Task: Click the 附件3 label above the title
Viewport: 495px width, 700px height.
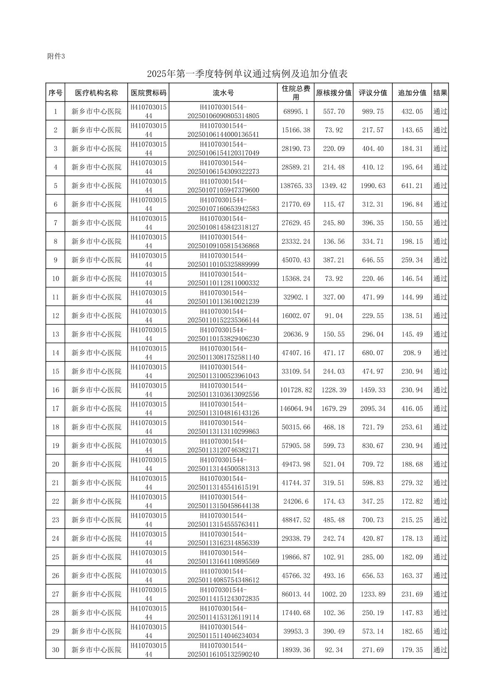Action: [57, 56]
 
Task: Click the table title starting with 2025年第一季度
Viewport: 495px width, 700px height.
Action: [247, 74]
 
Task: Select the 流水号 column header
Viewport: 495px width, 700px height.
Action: [223, 93]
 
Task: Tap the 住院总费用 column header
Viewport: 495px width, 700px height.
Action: [296, 93]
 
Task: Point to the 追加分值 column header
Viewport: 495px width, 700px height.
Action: [412, 93]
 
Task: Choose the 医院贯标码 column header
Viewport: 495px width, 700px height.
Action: [148, 93]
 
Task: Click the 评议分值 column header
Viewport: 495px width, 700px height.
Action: [373, 93]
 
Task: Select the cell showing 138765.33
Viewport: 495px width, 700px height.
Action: [296, 186]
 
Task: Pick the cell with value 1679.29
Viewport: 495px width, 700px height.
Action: [334, 408]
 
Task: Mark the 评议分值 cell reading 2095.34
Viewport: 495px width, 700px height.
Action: [373, 408]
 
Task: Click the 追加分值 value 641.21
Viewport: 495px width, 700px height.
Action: [412, 186]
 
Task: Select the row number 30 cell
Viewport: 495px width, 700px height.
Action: [55, 650]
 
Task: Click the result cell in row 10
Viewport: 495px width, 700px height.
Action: [440, 279]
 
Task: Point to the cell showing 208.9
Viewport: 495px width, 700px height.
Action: [412, 353]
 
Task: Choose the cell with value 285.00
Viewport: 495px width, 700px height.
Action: [373, 557]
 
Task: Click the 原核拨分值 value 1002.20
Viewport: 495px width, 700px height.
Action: [334, 594]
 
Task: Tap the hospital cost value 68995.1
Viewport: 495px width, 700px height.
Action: [296, 111]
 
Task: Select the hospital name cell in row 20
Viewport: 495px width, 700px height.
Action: [97, 464]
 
